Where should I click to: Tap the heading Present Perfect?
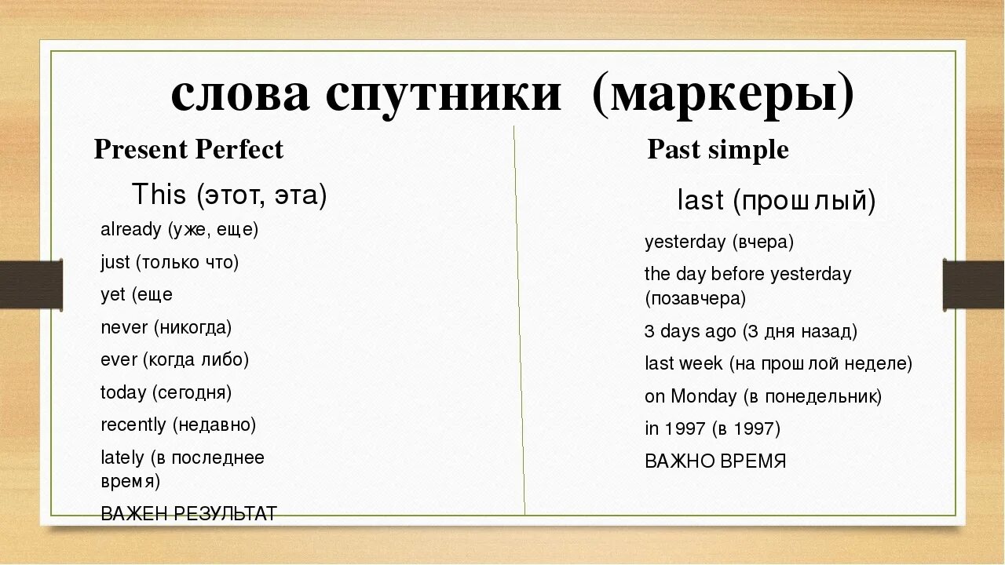click(188, 149)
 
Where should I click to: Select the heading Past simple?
click(718, 149)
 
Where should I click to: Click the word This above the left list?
click(159, 194)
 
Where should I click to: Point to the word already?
click(131, 230)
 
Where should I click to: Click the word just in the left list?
click(115, 262)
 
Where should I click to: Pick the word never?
click(124, 327)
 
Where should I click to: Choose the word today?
click(123, 392)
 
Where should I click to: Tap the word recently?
click(133, 425)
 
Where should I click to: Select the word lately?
click(122, 457)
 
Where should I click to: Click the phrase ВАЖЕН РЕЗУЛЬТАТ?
click(189, 514)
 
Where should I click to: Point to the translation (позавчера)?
click(696, 298)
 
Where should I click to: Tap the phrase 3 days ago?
click(690, 331)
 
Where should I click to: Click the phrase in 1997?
click(674, 428)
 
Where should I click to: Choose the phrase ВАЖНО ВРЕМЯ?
click(715, 461)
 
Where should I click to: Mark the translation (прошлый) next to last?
click(804, 202)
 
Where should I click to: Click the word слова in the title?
click(239, 96)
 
